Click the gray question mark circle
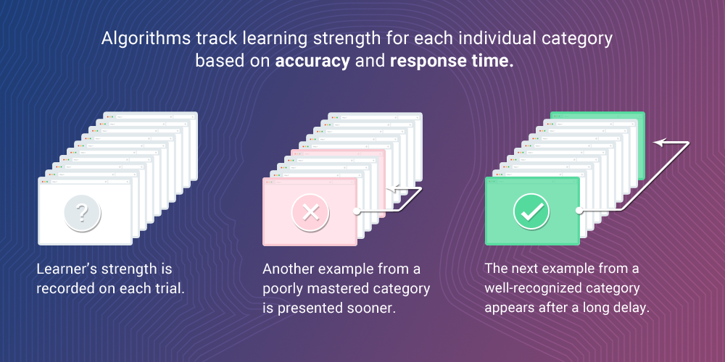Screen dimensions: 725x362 coord(83,212)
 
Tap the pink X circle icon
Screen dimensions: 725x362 coord(310,212)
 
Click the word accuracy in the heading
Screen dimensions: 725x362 coord(312,62)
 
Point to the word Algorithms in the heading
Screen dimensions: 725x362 coord(146,39)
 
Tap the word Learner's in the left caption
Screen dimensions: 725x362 coord(67,269)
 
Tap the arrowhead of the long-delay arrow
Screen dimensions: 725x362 coord(658,143)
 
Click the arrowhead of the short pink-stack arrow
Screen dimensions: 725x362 coord(390,188)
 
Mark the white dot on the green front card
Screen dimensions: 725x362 coord(579,211)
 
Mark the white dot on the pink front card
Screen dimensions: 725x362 coord(357,211)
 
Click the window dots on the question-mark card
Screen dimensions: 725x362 coord(45,182)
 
